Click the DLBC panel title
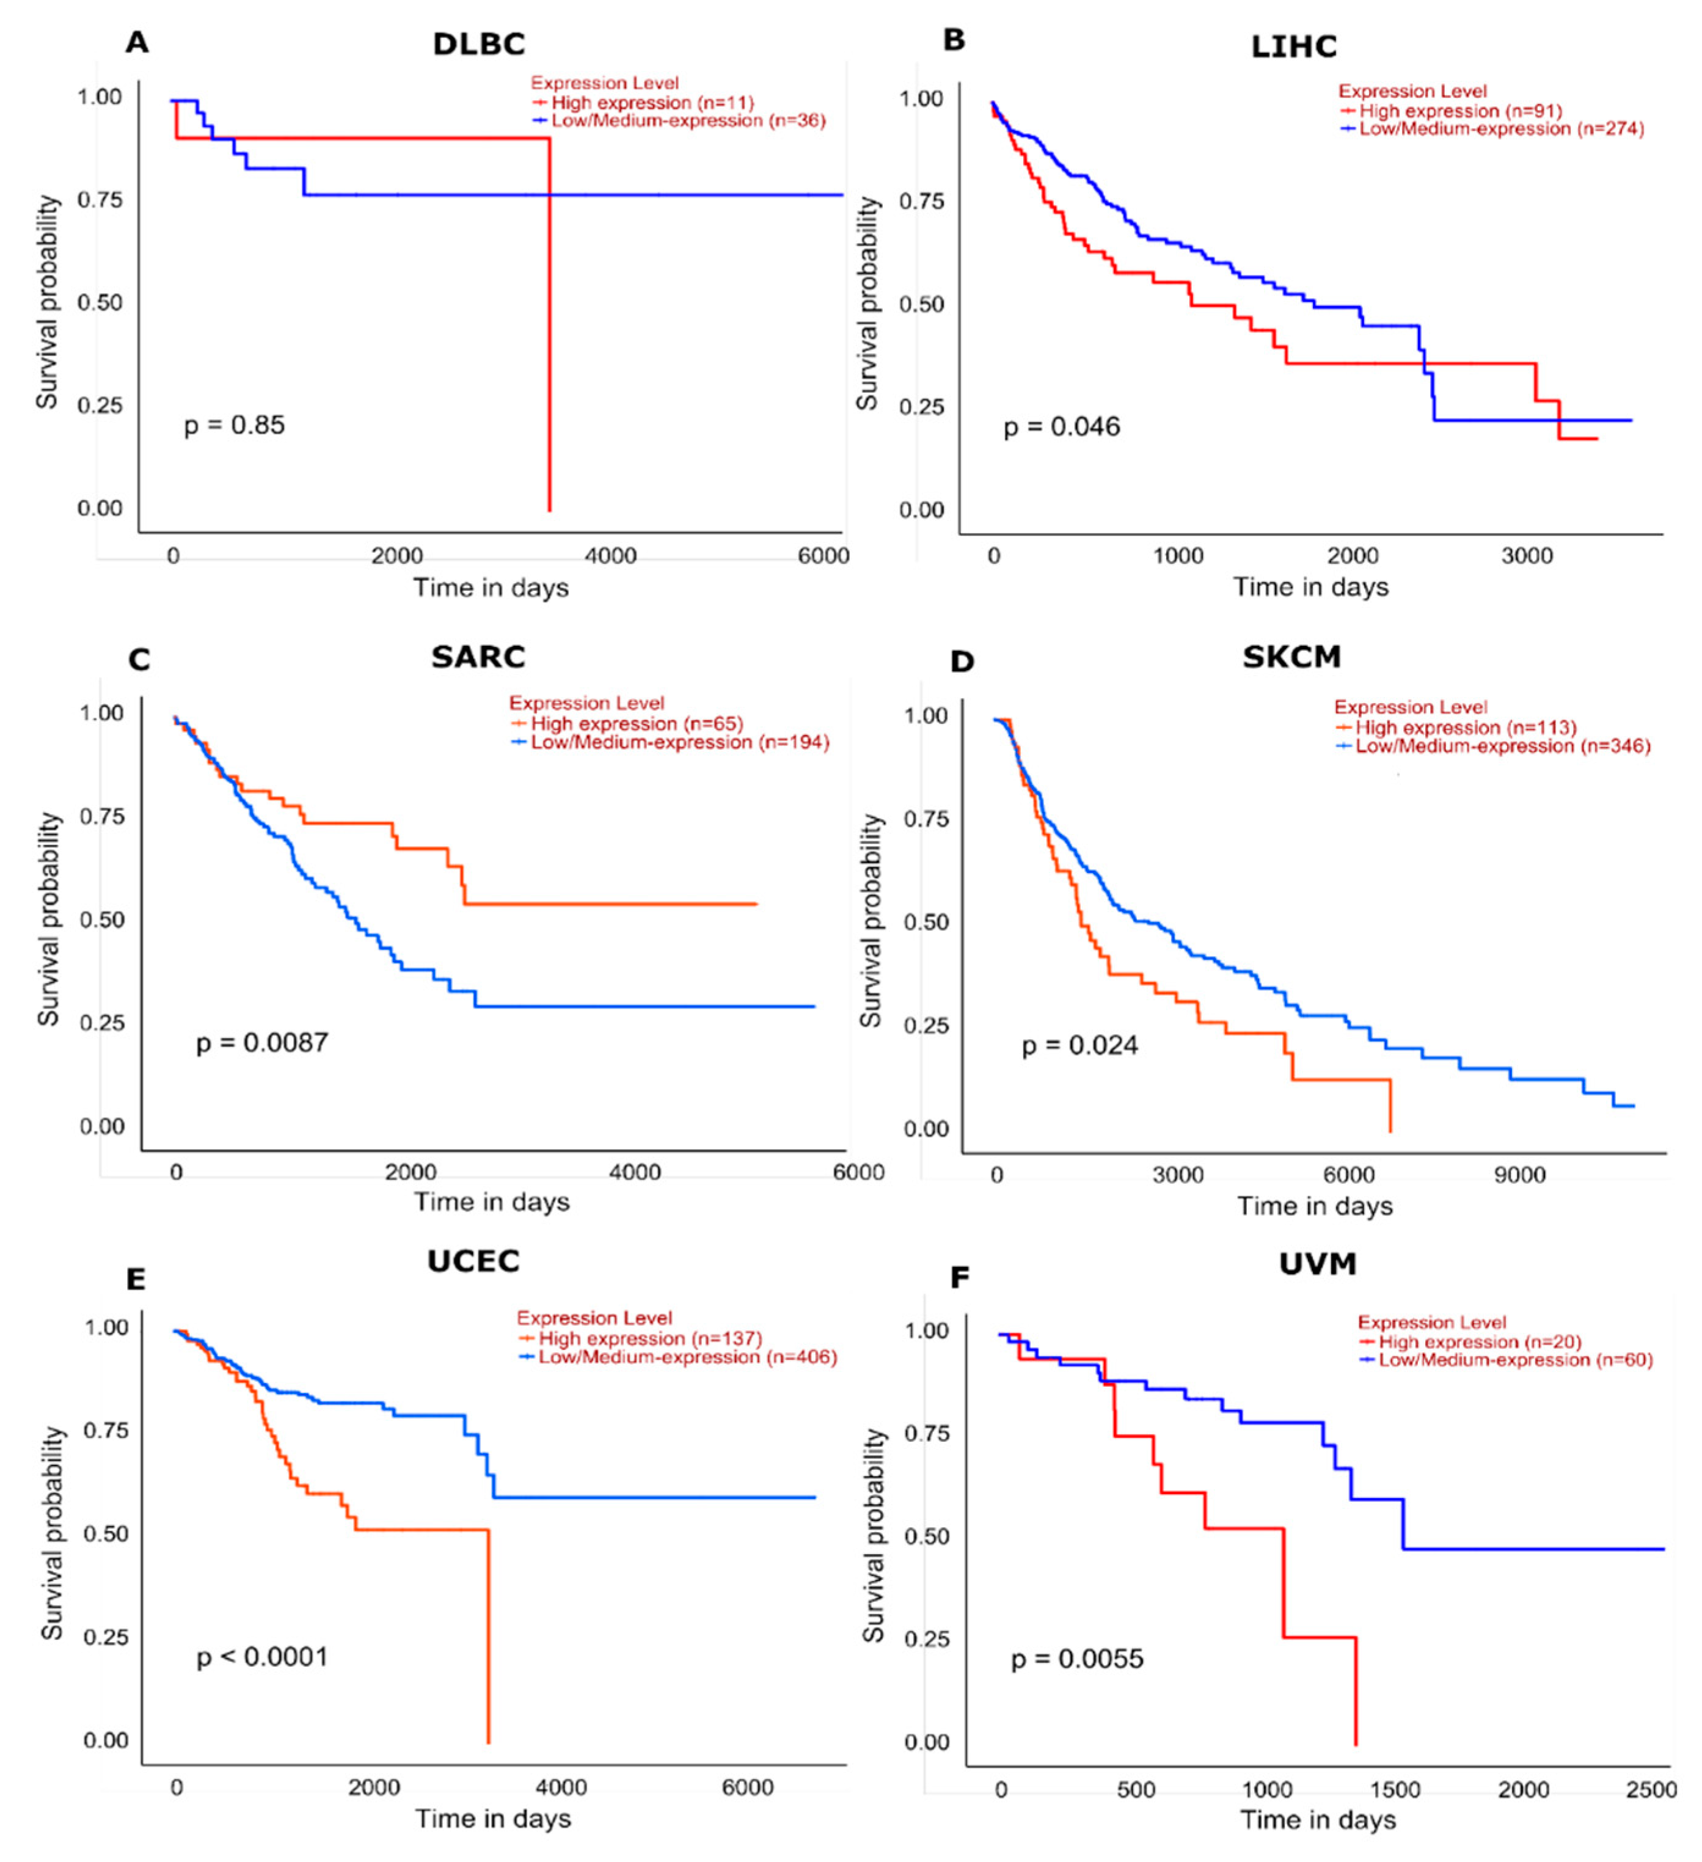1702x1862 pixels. (x=478, y=43)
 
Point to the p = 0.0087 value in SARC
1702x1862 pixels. (x=261, y=1043)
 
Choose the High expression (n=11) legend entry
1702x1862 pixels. (x=652, y=103)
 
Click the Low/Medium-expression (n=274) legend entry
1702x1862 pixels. (x=1500, y=130)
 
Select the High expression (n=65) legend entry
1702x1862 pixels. (x=637, y=724)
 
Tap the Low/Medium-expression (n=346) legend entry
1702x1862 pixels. (x=1502, y=747)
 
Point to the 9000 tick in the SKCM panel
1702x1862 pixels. (x=1519, y=1176)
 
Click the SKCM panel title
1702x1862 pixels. (x=1291, y=657)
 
